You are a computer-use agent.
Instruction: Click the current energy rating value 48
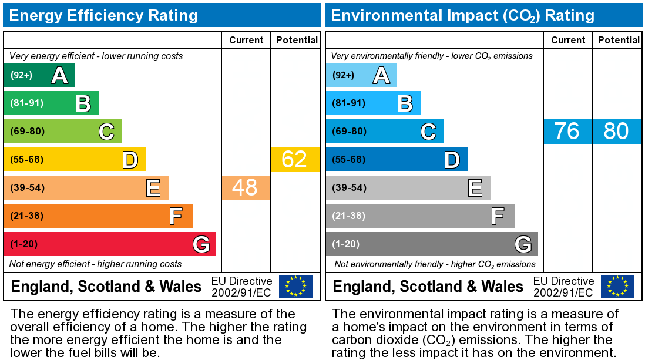(245, 187)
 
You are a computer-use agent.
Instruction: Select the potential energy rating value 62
(294, 159)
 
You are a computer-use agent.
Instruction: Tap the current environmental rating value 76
(567, 131)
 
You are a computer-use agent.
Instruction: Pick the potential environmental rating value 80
(616, 131)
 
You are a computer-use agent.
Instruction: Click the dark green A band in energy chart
(39, 75)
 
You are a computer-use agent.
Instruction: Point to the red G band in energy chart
(110, 244)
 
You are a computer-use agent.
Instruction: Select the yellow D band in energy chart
(75, 159)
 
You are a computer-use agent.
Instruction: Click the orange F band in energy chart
(98, 216)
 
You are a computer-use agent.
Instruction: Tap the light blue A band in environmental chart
(361, 75)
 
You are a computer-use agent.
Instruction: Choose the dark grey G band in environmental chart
(432, 244)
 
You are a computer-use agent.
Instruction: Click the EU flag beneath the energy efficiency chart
(295, 287)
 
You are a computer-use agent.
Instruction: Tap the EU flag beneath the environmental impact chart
(617, 287)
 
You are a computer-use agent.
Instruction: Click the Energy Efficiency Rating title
(103, 16)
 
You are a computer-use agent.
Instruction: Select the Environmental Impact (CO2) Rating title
(463, 16)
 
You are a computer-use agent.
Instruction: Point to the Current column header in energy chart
(246, 41)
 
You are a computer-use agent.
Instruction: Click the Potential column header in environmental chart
(619, 41)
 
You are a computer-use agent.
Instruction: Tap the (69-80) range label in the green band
(27, 131)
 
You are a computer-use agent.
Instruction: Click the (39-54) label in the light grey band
(350, 187)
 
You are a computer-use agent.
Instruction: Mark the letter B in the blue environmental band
(405, 103)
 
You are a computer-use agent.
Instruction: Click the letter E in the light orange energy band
(153, 188)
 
